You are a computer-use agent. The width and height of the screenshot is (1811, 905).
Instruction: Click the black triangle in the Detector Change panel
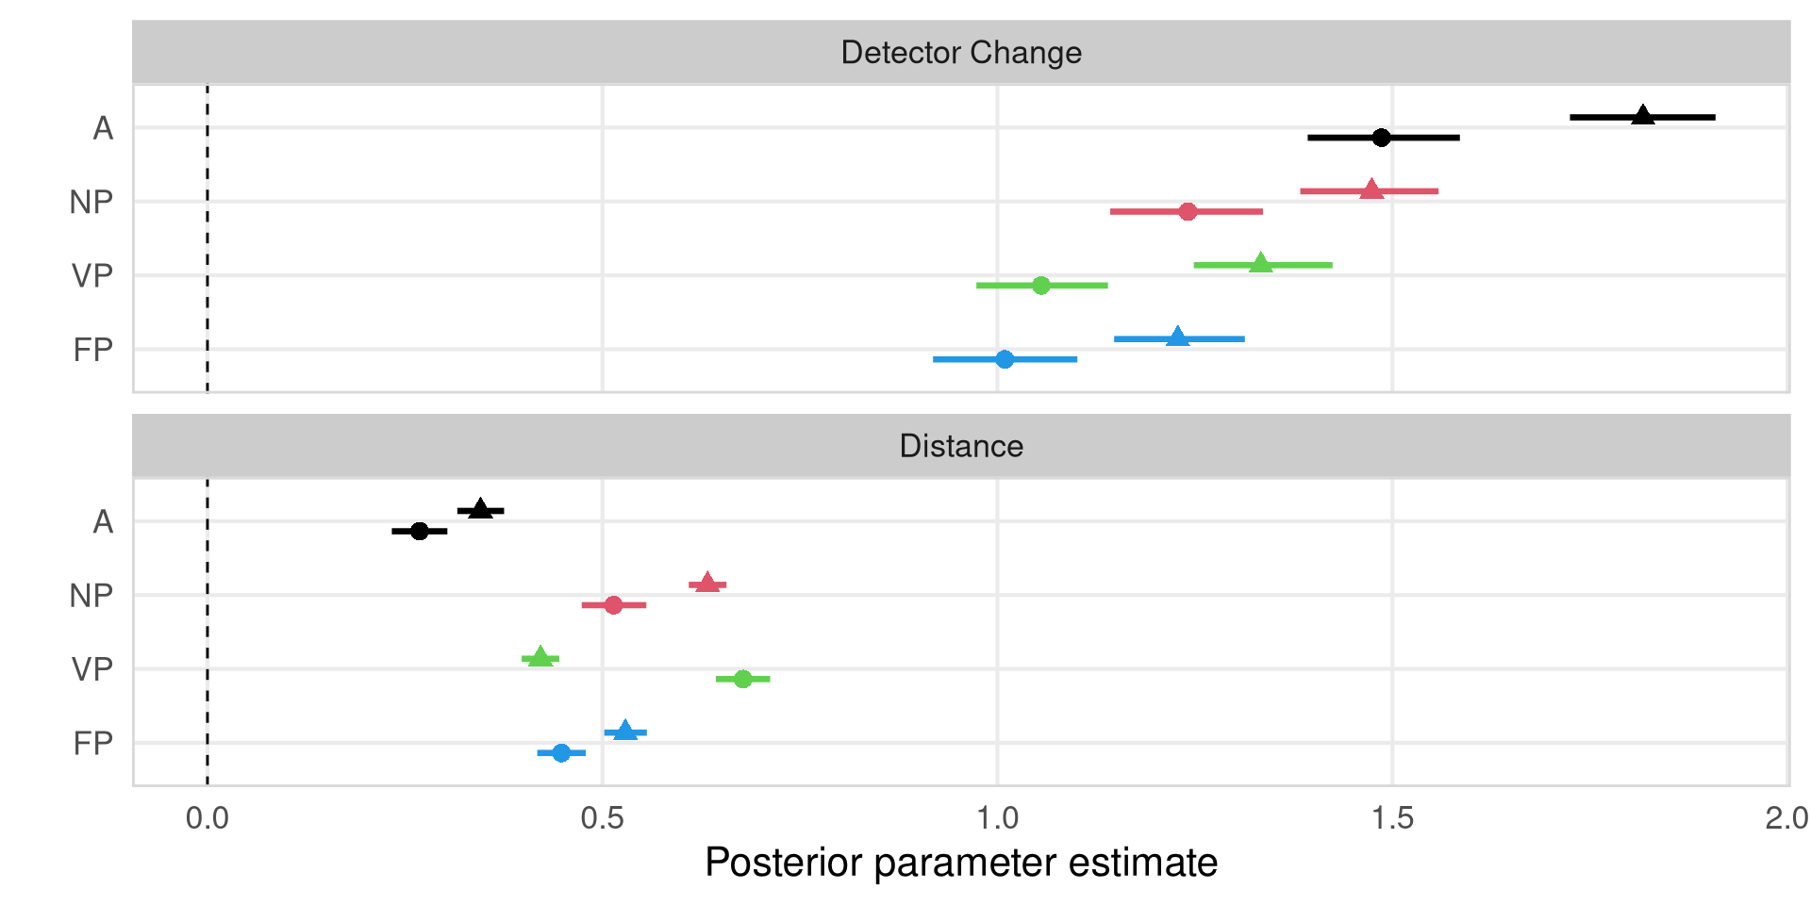tap(1643, 116)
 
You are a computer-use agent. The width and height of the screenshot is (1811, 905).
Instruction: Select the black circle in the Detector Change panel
tap(1381, 138)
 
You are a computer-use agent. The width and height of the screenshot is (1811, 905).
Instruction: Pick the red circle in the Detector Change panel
tap(1188, 211)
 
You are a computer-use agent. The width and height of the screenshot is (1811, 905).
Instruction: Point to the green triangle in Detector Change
tap(1261, 264)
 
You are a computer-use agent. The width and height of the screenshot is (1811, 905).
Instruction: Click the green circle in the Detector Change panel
tap(1040, 285)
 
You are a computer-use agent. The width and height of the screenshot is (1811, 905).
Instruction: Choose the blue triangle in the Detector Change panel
tap(1177, 337)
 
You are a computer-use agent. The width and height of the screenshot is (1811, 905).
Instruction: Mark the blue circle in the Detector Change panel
tap(1005, 359)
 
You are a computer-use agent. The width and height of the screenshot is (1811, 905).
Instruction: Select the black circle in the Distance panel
tap(420, 532)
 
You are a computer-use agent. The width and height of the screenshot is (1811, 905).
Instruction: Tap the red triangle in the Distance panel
tap(707, 584)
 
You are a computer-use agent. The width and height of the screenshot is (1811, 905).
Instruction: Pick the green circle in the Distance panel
tap(742, 679)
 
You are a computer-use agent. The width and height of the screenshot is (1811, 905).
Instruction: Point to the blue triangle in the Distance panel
tap(624, 732)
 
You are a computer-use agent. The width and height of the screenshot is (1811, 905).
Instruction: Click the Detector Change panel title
tap(961, 53)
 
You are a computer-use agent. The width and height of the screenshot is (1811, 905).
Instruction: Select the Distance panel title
tap(961, 446)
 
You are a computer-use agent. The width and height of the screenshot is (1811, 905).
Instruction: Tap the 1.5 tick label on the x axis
tap(1392, 818)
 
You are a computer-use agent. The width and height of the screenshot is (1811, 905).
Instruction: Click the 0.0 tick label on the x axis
tap(208, 818)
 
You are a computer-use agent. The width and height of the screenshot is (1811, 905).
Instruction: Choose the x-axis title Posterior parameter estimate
tap(961, 863)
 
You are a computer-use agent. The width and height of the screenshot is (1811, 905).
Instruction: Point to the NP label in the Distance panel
tap(91, 596)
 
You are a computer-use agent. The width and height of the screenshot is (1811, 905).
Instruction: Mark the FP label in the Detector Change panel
tap(92, 351)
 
